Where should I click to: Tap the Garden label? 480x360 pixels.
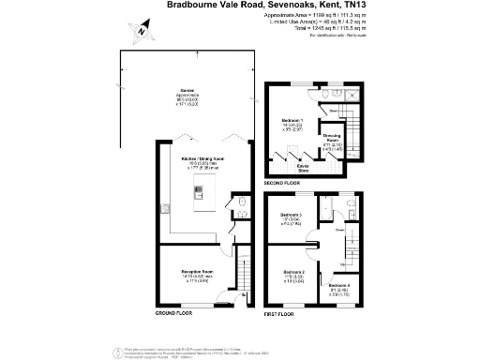tap(188, 90)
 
